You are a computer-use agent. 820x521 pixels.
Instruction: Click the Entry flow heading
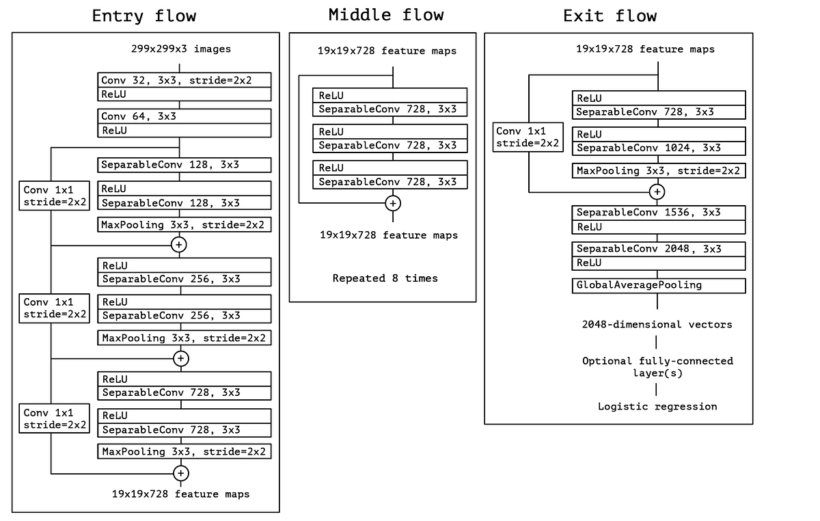tap(144, 16)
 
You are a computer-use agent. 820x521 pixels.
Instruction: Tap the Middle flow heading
tap(386, 14)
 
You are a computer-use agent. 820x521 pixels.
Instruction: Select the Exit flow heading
tap(610, 16)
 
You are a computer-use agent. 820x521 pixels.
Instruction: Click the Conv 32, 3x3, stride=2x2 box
tap(184, 80)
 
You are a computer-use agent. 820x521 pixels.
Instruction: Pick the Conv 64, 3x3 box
tap(184, 116)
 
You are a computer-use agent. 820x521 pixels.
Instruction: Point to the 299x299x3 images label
tap(181, 49)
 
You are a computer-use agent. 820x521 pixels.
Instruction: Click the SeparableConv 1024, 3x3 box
tap(659, 148)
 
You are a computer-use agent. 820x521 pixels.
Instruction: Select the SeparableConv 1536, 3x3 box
tap(659, 213)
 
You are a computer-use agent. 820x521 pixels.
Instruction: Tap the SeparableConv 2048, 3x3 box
tap(659, 249)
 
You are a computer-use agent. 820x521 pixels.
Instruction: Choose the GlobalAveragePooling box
tap(659, 285)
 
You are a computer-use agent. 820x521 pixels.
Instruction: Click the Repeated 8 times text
tap(385, 278)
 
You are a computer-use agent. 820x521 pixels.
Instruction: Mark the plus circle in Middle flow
tap(393, 203)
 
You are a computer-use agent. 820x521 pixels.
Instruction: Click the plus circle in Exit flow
tap(657, 192)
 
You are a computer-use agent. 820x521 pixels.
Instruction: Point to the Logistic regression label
tap(657, 406)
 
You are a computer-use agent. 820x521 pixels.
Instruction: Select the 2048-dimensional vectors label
tap(657, 324)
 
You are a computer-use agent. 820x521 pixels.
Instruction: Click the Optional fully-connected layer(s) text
tap(657, 366)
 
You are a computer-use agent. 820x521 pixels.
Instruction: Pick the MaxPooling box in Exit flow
tap(659, 170)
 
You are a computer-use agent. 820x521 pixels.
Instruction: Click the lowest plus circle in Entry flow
tap(180, 473)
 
